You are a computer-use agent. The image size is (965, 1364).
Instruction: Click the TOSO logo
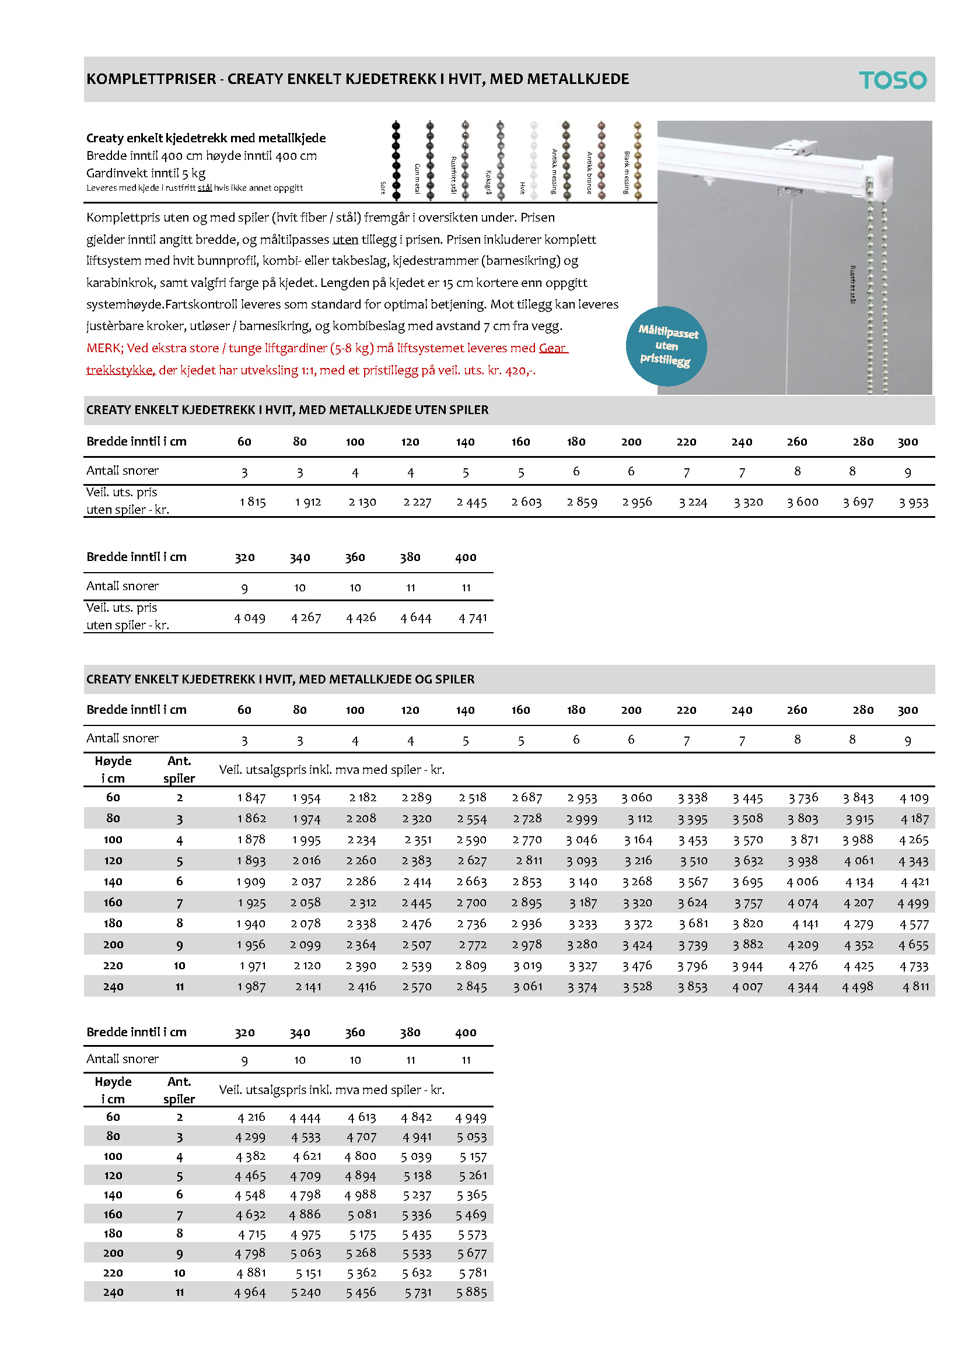[x=892, y=80]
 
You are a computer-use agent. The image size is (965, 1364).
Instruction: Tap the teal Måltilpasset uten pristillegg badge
[x=666, y=346]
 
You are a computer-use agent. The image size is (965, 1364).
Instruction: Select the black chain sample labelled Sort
[x=396, y=159]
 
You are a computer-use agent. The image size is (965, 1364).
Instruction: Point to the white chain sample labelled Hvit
[x=534, y=159]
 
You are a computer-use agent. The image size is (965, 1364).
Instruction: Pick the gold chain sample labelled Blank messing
[x=638, y=159]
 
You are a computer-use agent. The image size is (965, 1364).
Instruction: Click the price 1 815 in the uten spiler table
[x=253, y=502]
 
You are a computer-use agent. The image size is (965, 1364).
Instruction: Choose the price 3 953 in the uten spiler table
[x=913, y=503]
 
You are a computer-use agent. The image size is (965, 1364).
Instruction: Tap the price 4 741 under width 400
[x=473, y=618]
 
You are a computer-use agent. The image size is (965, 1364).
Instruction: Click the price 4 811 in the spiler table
[x=915, y=987]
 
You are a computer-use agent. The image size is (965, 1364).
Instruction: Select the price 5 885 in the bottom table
[x=471, y=1292]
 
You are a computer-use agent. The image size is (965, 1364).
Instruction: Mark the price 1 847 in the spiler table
[x=251, y=798]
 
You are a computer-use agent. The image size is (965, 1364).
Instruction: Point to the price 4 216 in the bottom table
[x=251, y=1117]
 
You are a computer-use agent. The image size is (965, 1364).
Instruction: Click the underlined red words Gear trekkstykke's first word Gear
[x=552, y=348]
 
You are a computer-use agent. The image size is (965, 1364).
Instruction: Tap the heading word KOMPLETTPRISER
[x=151, y=79]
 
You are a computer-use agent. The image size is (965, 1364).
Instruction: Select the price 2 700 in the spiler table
[x=471, y=903]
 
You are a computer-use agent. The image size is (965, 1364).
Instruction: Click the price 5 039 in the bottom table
[x=416, y=1156]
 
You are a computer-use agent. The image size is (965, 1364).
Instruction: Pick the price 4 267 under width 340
[x=306, y=618]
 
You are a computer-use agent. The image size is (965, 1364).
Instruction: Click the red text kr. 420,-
[x=516, y=370]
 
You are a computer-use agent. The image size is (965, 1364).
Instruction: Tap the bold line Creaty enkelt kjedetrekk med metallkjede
[x=205, y=138]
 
